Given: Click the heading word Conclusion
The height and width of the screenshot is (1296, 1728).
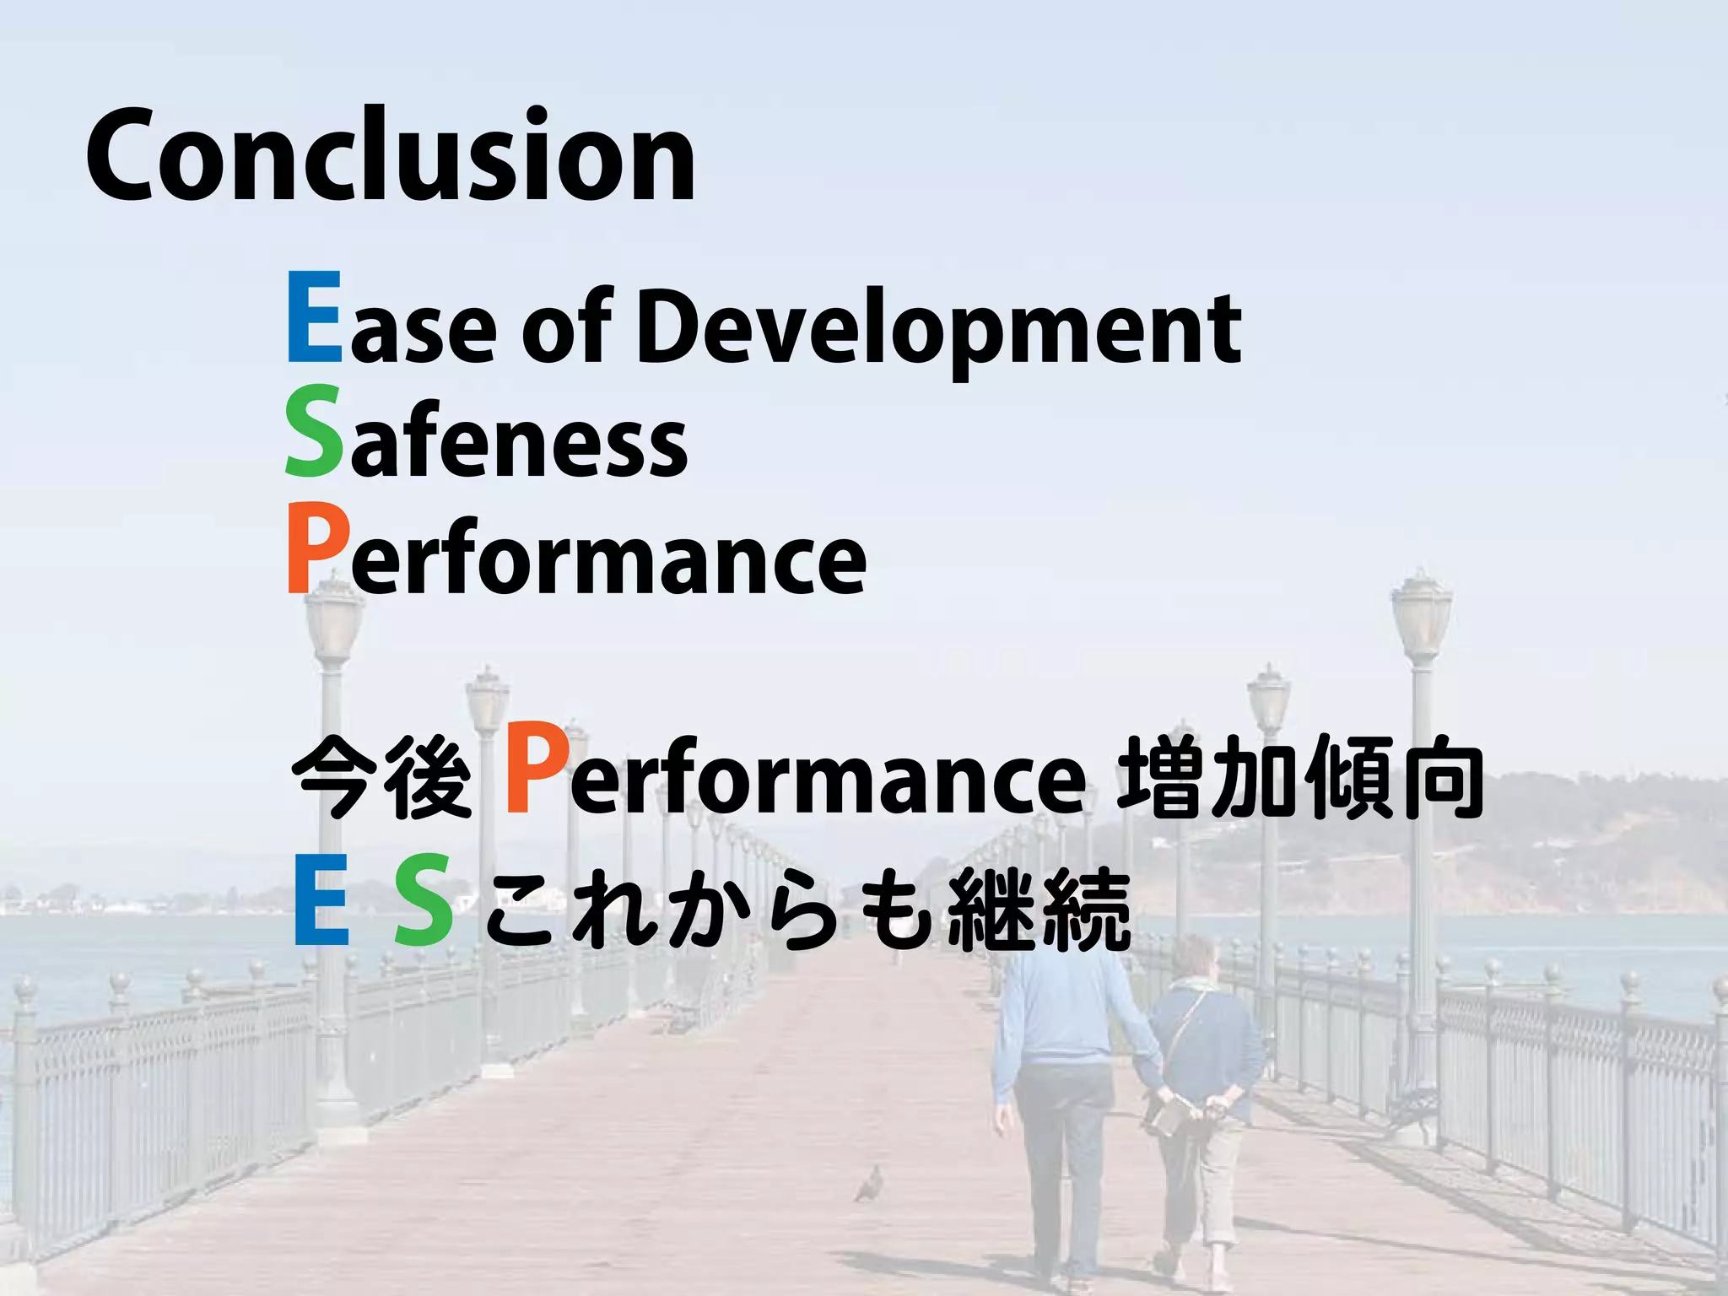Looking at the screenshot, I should [x=390, y=156].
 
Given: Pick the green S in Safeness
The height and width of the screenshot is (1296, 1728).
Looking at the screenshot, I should [x=313, y=432].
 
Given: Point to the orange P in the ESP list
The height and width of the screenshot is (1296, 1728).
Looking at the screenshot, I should [x=316, y=548].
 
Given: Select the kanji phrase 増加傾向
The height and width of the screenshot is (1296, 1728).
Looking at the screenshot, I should [x=1299, y=776].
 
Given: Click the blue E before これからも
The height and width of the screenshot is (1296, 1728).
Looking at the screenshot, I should [x=321, y=900].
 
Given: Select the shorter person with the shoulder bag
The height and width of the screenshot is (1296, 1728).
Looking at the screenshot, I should [x=1202, y=1097].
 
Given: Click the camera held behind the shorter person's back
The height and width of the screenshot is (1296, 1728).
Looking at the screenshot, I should [x=1163, y=1118].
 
